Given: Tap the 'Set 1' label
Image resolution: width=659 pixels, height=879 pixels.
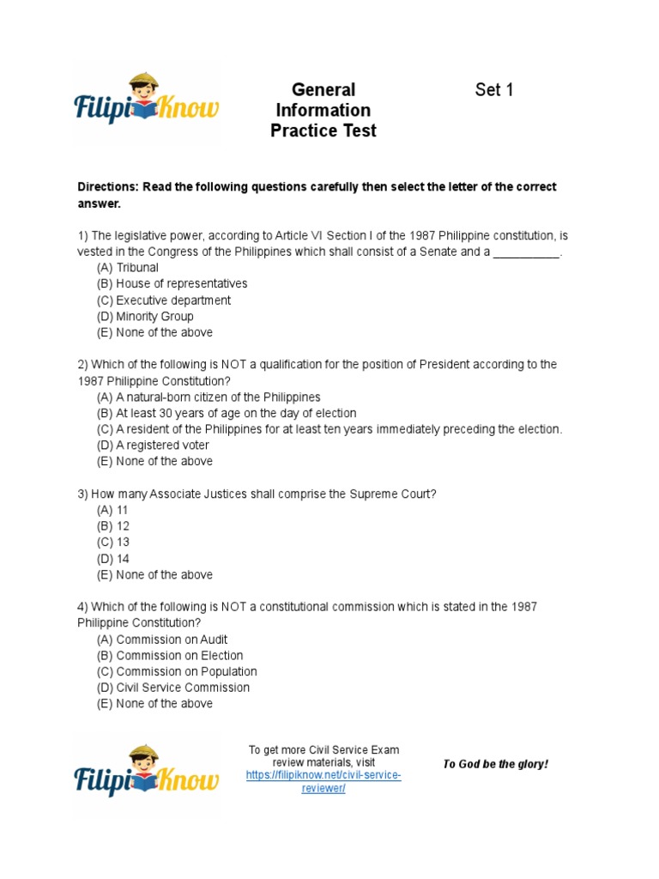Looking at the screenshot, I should click(x=494, y=90).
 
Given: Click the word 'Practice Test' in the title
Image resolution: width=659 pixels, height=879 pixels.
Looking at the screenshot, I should click(x=323, y=131).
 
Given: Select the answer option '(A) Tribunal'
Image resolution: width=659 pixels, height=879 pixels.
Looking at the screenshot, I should click(x=128, y=268).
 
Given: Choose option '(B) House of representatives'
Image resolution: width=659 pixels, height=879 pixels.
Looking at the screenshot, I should click(x=172, y=284).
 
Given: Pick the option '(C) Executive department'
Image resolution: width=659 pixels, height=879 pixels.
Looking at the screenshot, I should click(x=164, y=300).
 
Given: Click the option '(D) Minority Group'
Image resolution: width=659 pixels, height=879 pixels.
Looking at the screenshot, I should click(x=145, y=316).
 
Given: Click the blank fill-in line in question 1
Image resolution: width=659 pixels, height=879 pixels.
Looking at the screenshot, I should click(x=527, y=252).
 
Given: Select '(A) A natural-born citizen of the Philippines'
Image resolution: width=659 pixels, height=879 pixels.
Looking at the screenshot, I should click(x=209, y=397).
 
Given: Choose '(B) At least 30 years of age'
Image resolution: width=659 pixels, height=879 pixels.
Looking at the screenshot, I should click(x=227, y=413).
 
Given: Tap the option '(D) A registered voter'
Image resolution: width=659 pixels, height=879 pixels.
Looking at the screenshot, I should click(x=153, y=446).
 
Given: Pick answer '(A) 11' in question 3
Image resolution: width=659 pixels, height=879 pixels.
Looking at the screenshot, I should click(x=112, y=510).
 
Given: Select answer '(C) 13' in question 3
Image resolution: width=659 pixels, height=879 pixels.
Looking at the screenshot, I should click(x=113, y=543).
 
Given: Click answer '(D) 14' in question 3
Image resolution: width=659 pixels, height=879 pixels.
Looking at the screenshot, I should click(x=113, y=558).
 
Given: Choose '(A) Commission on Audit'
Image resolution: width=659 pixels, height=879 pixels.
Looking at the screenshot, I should click(x=162, y=640).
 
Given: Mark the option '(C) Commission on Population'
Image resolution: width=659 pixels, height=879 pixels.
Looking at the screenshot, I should click(x=177, y=671).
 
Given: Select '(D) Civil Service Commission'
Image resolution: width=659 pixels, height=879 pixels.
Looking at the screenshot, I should click(x=173, y=688).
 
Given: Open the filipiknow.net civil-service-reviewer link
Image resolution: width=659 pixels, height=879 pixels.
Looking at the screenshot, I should click(x=323, y=782).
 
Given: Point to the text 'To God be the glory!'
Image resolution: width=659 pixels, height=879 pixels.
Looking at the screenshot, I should click(x=495, y=764).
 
